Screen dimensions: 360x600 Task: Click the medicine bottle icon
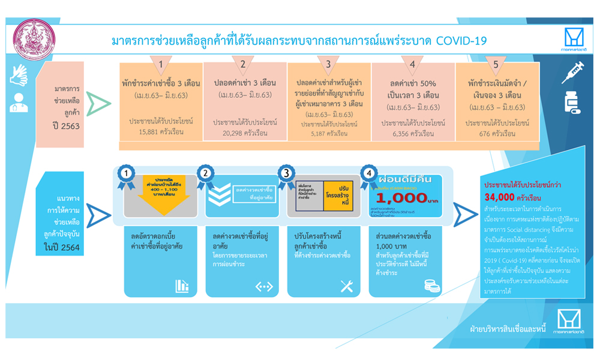click(571, 103)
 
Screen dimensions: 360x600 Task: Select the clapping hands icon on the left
click(19, 74)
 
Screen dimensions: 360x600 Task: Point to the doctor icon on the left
click(19, 103)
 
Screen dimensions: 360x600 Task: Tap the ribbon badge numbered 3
click(286, 173)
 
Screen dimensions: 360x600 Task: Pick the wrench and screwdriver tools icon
click(346, 286)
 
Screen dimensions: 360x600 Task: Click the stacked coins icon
click(428, 286)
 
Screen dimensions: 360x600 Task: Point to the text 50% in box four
click(424, 82)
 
